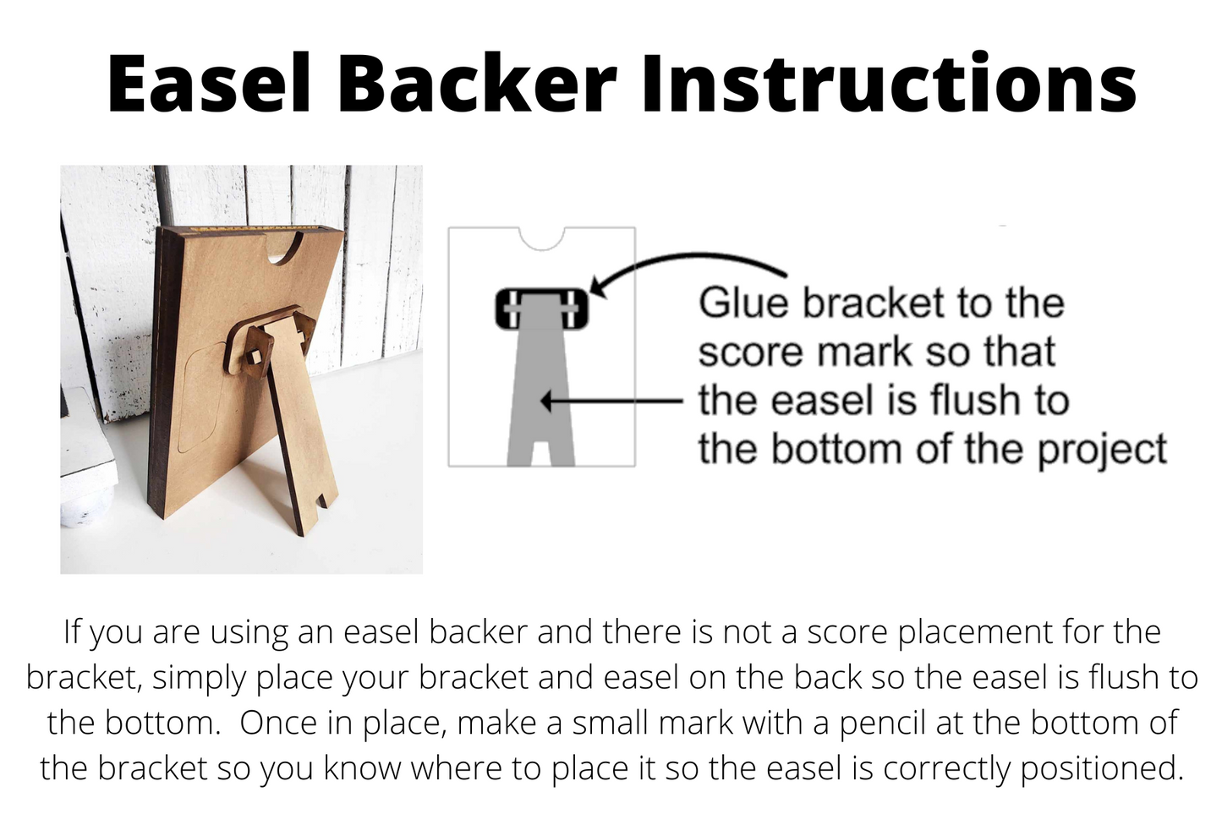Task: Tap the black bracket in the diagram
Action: point(541,309)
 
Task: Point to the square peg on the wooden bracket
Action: point(255,358)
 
